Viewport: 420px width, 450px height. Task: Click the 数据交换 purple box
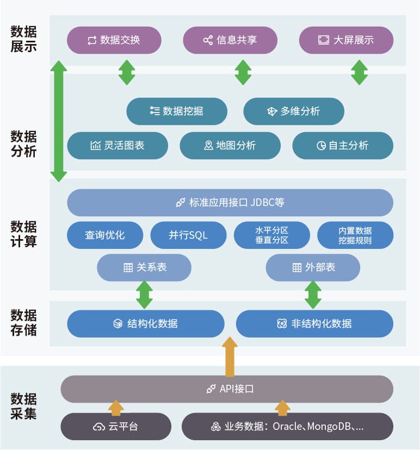pos(114,40)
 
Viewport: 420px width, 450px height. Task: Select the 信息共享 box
pos(230,40)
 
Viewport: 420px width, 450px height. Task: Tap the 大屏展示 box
pos(346,40)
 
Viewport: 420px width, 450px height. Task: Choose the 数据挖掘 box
pos(177,111)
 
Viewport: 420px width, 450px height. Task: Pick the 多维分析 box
pos(293,111)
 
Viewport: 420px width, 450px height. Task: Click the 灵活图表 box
pos(118,146)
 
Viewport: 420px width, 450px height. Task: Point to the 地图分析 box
pos(230,146)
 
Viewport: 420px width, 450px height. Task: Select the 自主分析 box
pos(343,146)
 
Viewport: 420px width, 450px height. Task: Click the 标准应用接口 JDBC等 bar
pos(230,203)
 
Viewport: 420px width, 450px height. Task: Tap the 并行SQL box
pos(188,235)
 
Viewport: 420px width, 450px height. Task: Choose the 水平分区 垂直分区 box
pos(271,235)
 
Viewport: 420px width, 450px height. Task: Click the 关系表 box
pos(144,267)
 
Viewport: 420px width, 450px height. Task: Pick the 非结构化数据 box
pos(314,324)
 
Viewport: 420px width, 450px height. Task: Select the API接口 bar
pos(227,389)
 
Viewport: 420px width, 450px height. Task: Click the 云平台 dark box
pos(115,427)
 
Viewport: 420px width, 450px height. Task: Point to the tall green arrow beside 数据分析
pos(59,121)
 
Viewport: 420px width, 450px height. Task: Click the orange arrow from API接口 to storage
pos(230,357)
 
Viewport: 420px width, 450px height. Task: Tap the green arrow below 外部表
pos(313,295)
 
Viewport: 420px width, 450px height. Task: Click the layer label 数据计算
pos(24,234)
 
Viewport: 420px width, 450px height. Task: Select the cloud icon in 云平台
pos(98,427)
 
